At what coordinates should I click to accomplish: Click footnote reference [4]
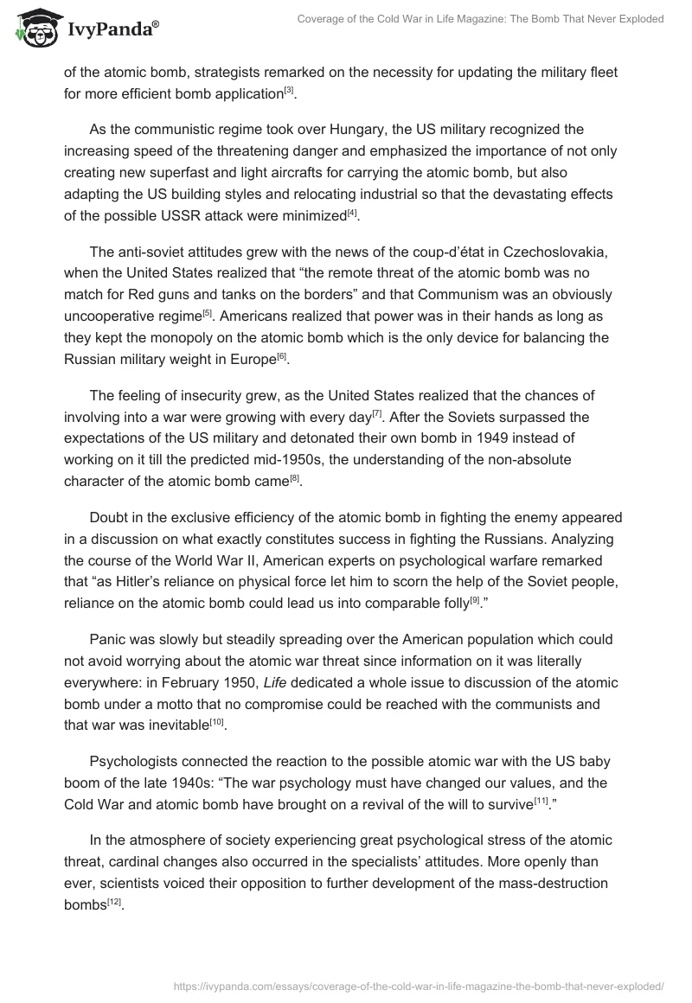tap(351, 212)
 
